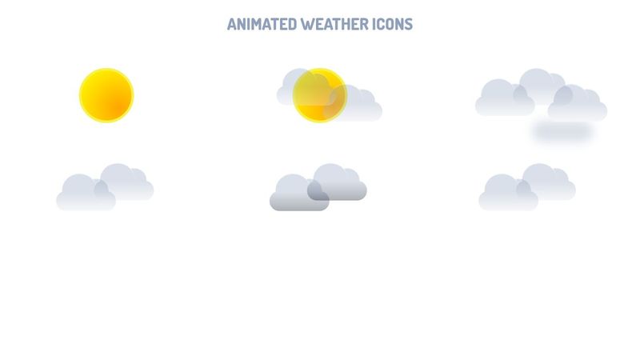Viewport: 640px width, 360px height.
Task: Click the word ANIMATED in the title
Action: point(262,24)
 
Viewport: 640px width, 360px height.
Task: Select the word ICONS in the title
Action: point(391,24)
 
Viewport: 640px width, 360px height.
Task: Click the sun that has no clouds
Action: point(106,95)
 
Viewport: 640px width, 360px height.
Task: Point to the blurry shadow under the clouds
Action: point(562,131)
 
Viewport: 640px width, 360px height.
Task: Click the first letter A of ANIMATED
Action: point(231,24)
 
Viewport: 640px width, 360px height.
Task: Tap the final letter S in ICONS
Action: point(409,24)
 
